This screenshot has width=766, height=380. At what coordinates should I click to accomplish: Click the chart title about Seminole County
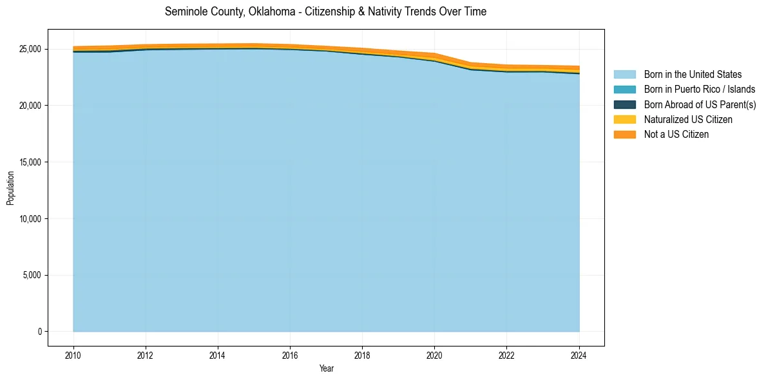(x=325, y=12)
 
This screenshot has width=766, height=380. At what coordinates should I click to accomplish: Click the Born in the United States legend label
(x=693, y=75)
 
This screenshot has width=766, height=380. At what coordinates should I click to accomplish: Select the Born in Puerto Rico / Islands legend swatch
(x=624, y=90)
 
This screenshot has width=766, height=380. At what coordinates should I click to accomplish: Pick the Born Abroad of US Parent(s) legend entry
(x=700, y=104)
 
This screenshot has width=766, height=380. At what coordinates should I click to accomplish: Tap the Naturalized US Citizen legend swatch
(x=624, y=119)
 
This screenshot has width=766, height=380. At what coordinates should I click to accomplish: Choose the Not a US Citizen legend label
(x=676, y=134)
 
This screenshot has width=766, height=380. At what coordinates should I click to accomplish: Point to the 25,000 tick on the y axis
(x=30, y=49)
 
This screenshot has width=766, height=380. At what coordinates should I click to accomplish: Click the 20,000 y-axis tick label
(x=30, y=106)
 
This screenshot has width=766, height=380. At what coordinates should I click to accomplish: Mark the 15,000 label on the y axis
(x=30, y=162)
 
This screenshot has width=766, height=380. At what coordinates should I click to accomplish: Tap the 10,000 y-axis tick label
(x=30, y=219)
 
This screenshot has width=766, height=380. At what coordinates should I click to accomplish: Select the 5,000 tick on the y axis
(x=32, y=275)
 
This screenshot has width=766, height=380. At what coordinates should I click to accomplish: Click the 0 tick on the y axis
(x=39, y=332)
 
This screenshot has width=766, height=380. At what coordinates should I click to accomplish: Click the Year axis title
(x=326, y=368)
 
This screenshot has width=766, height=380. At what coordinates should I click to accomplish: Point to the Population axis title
(x=10, y=188)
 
